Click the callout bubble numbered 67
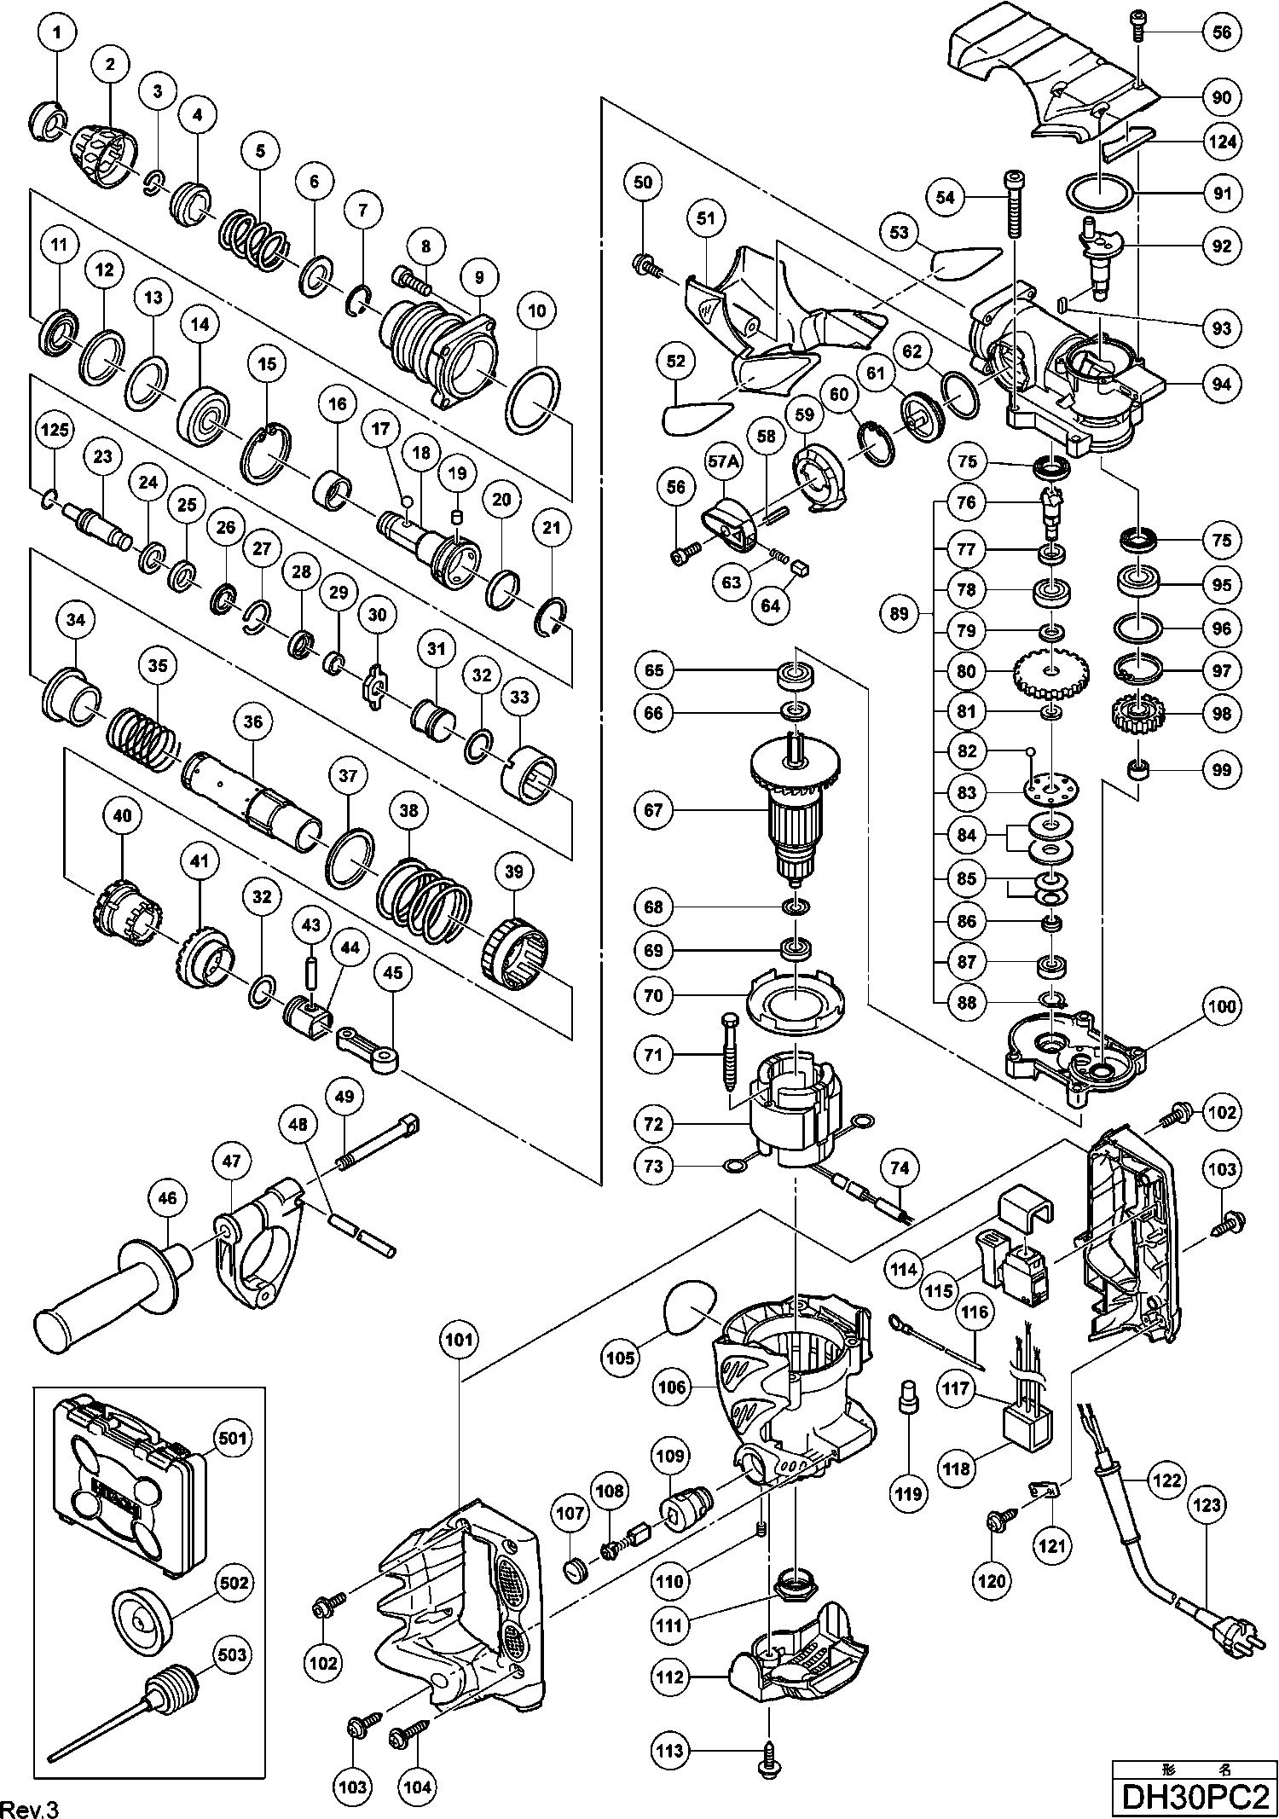653,809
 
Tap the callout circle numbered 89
899,613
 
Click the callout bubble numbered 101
459,1340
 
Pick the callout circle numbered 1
57,33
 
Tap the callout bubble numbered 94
1222,384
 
